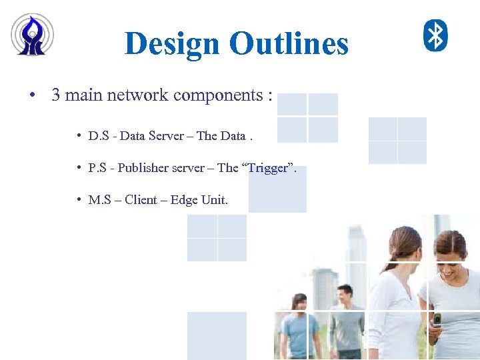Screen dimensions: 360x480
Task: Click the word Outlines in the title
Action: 289,44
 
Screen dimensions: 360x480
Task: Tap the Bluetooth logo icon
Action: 436,35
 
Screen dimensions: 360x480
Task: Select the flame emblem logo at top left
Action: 32,35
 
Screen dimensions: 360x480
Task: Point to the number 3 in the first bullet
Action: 56,95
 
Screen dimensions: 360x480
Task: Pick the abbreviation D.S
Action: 98,136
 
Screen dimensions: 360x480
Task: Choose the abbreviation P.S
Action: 97,168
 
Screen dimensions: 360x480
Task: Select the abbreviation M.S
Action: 99,200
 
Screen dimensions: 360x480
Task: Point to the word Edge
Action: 184,200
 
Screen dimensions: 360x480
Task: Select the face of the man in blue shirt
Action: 300,304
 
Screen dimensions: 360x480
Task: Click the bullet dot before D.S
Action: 79,136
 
